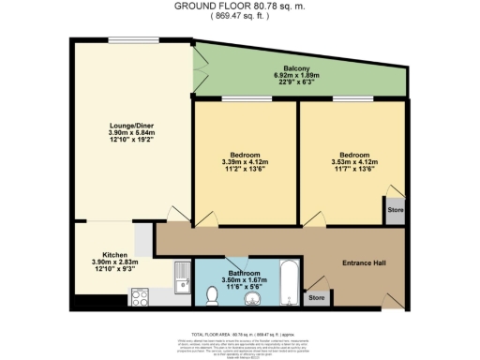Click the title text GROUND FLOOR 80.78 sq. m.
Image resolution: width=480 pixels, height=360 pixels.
point(239,7)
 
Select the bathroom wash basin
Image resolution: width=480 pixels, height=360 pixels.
point(250,299)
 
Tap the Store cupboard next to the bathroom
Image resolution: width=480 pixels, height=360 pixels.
point(318,298)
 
